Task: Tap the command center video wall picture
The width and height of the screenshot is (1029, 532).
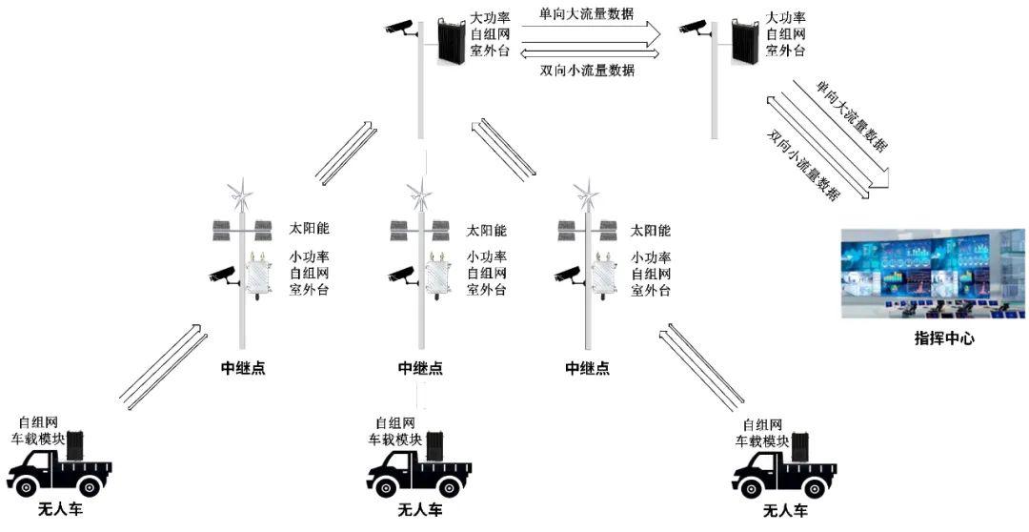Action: (x=933, y=274)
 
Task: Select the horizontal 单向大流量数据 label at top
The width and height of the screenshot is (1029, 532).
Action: (x=586, y=13)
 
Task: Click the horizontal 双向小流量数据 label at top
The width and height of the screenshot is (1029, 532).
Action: (x=586, y=71)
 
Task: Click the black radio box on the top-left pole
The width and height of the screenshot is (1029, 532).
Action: (x=452, y=40)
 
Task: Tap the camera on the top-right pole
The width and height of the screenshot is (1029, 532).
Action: (x=694, y=29)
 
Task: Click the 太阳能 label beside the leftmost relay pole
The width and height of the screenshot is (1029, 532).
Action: (x=309, y=229)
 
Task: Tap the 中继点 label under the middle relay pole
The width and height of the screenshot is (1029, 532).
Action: (x=421, y=368)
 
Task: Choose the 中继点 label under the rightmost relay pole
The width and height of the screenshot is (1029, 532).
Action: (x=587, y=368)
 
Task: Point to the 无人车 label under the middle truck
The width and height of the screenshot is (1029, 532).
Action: (x=420, y=511)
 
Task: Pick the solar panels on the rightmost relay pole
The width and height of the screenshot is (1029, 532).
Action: (x=585, y=231)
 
